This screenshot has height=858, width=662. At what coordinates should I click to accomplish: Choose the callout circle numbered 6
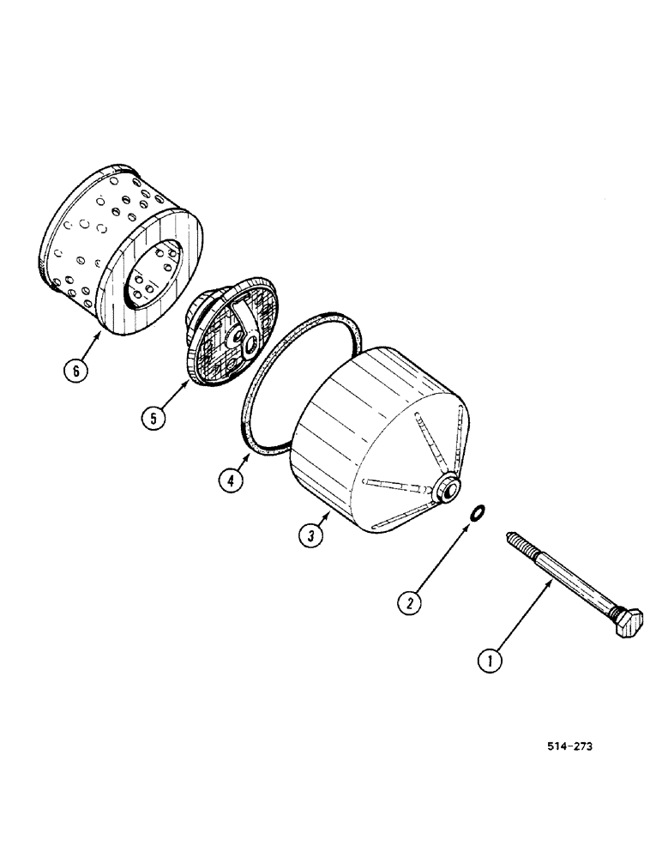coord(75,371)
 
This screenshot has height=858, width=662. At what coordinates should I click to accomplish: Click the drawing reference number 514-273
coord(569,746)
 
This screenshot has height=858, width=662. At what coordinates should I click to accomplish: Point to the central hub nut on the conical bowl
coord(447,491)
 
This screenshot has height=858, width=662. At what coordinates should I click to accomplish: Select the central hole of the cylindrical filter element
coord(159,275)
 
